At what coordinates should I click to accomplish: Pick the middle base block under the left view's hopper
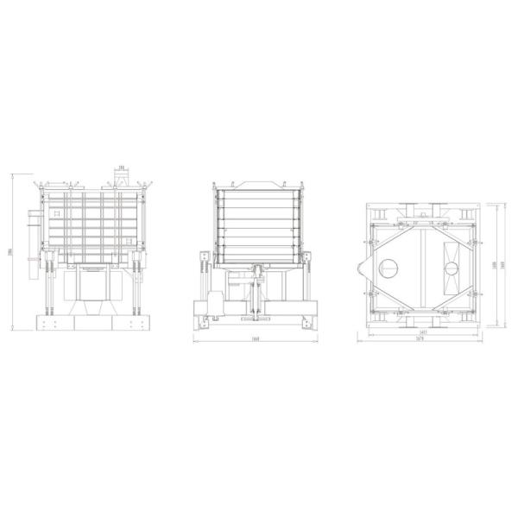tap(92, 324)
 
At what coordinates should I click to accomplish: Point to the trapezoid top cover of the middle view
tap(259, 184)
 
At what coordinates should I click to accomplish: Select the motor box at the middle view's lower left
tap(212, 306)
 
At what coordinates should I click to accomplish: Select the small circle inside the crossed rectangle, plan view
tap(452, 268)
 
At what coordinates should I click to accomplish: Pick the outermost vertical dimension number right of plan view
tap(502, 265)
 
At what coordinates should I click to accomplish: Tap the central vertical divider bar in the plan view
tap(423, 268)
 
